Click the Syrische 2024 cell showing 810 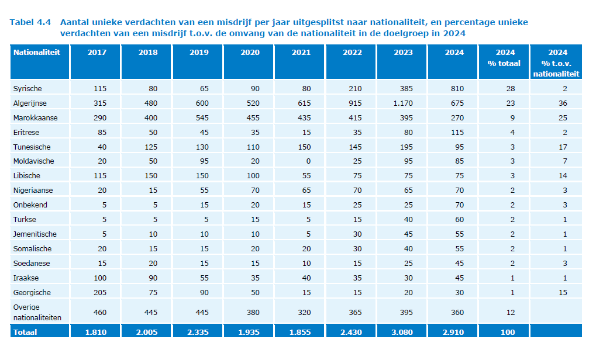point(457,88)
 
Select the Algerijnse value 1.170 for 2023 point(402,103)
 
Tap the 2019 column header point(199,53)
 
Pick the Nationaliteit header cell point(37,53)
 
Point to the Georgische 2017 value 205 point(101,292)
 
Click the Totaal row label point(25,332)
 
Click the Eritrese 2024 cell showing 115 point(457,132)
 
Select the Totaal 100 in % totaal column point(508,332)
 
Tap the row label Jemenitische point(35,234)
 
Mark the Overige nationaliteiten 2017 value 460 point(101,312)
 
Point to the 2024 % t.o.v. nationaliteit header point(556,63)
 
